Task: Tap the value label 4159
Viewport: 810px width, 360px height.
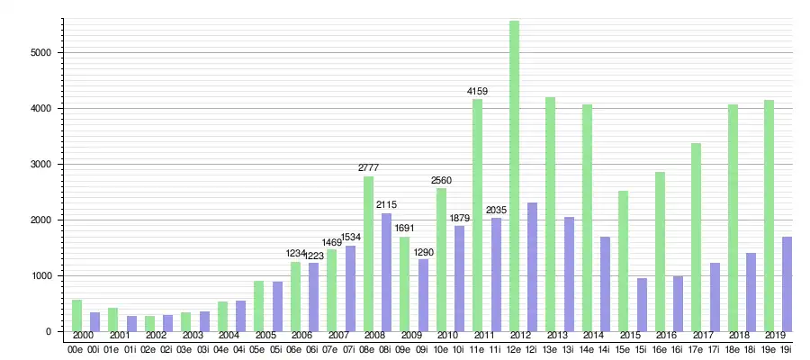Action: pyautogui.click(x=477, y=92)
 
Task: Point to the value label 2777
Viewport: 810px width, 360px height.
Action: pyautogui.click(x=368, y=168)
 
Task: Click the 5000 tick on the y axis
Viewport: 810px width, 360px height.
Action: pyautogui.click(x=40, y=52)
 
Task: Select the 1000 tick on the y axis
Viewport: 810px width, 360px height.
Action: pyautogui.click(x=40, y=275)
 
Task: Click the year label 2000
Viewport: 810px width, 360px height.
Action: pyautogui.click(x=84, y=336)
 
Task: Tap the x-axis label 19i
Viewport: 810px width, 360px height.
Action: pyautogui.click(x=786, y=349)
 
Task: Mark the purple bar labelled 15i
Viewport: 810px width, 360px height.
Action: pyautogui.click(x=641, y=304)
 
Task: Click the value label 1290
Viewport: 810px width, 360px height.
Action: pyautogui.click(x=422, y=252)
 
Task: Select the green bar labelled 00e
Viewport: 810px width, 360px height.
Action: pyautogui.click(x=76, y=315)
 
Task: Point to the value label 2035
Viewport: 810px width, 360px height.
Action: pyautogui.click(x=496, y=211)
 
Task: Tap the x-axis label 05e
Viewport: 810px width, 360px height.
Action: pyautogui.click(x=258, y=349)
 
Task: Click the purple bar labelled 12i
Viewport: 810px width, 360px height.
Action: pyautogui.click(x=532, y=266)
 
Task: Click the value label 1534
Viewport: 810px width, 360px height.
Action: pyautogui.click(x=350, y=238)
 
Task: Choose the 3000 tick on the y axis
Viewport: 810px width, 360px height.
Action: pyautogui.click(x=40, y=164)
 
